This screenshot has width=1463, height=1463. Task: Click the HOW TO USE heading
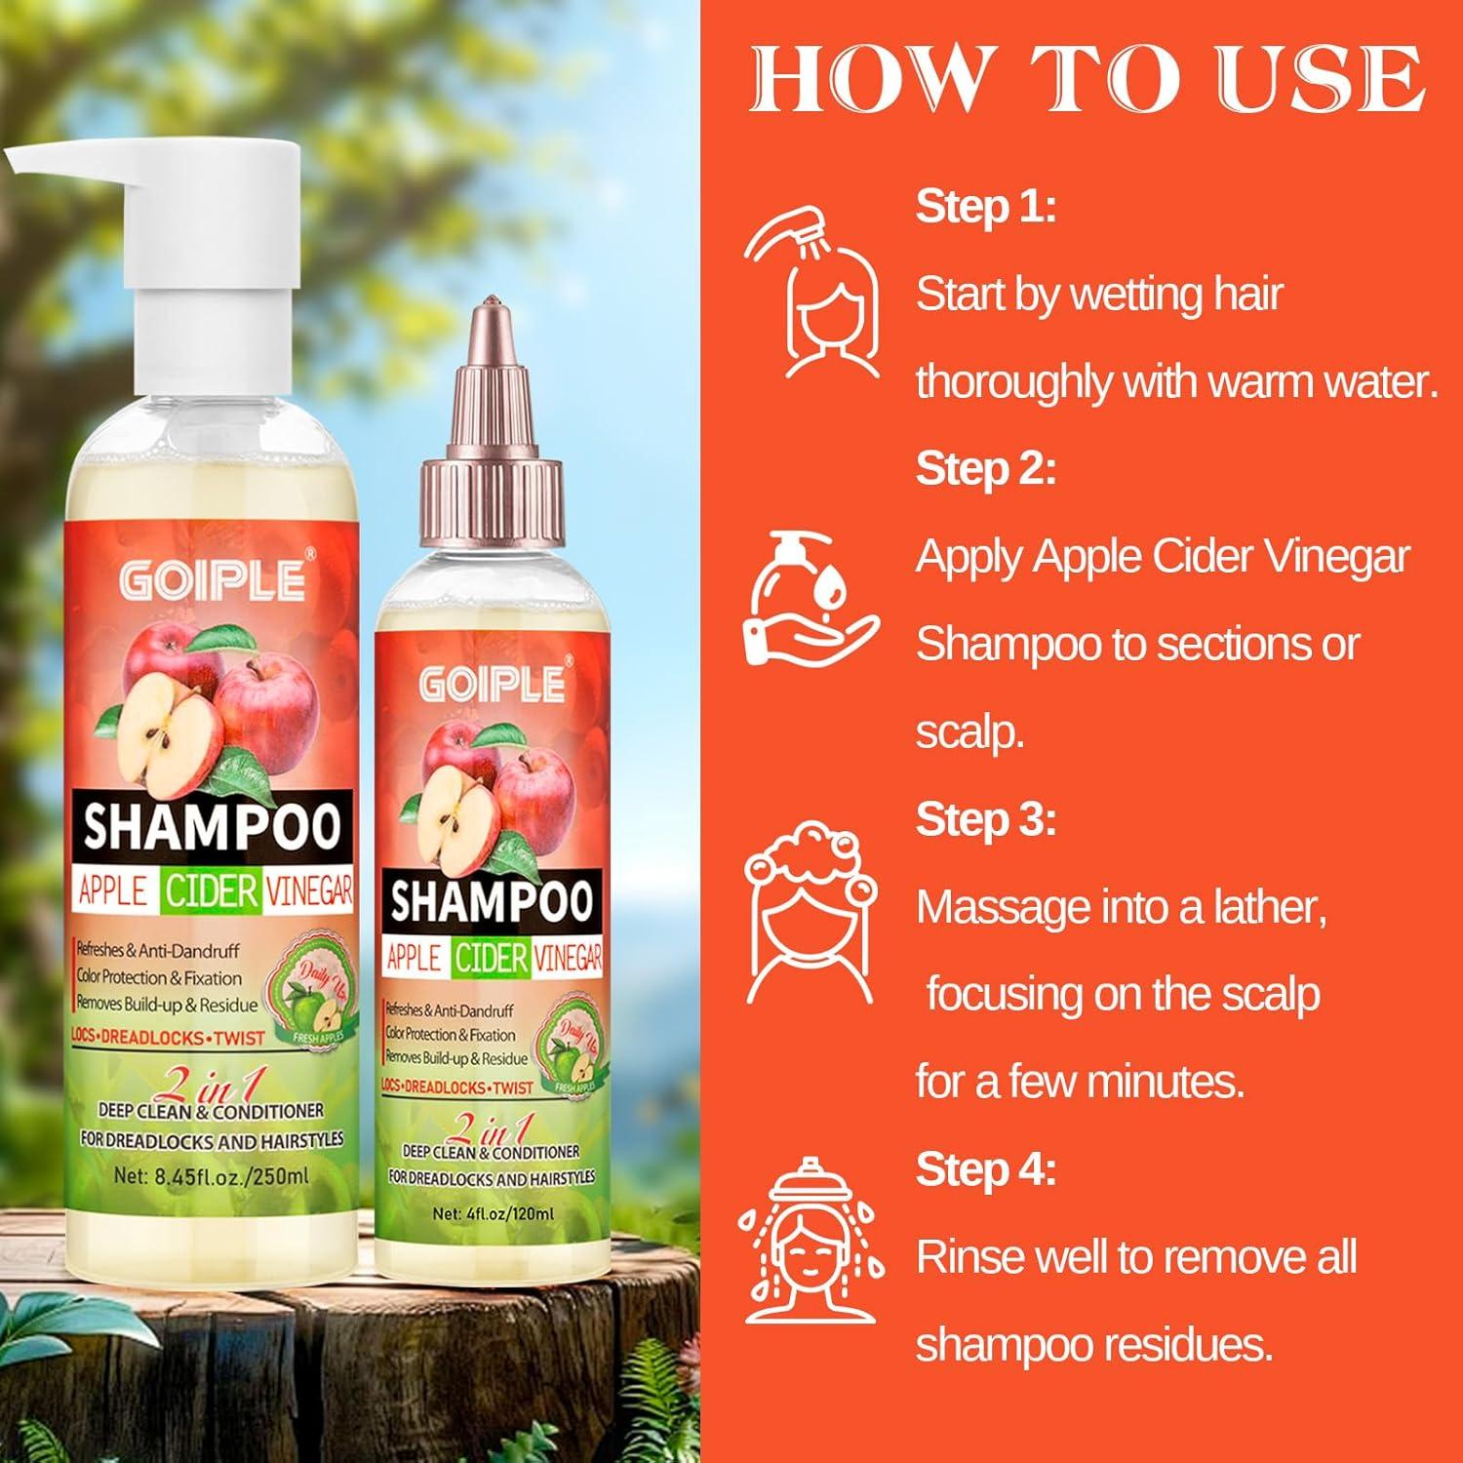[x=1087, y=78]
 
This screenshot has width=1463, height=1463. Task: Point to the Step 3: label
[x=985, y=819]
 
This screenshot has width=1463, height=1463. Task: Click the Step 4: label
[x=985, y=1169]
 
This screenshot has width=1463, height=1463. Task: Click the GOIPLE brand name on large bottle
[x=212, y=581]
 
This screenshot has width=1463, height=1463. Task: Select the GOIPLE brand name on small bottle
[x=493, y=684]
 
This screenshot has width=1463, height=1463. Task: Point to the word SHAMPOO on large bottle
[x=211, y=826]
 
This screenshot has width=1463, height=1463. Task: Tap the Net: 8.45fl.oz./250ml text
[x=211, y=1175]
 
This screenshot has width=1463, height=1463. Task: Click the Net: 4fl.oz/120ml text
[x=493, y=1214]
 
